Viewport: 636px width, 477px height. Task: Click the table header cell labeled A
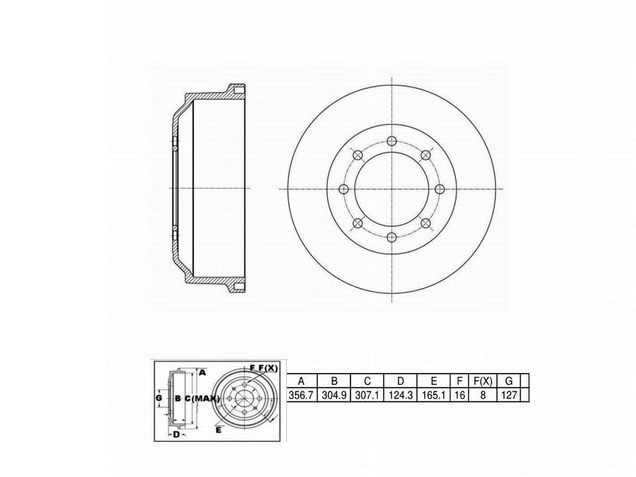point(301,381)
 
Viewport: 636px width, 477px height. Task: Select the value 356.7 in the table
point(301,395)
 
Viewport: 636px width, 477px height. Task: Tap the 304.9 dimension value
point(334,395)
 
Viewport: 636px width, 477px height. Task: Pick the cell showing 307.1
point(367,395)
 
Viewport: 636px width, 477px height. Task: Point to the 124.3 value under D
point(400,395)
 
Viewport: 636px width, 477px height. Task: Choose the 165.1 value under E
point(433,395)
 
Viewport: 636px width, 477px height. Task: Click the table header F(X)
point(483,381)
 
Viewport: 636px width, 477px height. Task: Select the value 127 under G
point(509,395)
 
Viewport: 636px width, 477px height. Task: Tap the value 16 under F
point(459,395)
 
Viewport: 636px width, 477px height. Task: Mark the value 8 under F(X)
point(483,395)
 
